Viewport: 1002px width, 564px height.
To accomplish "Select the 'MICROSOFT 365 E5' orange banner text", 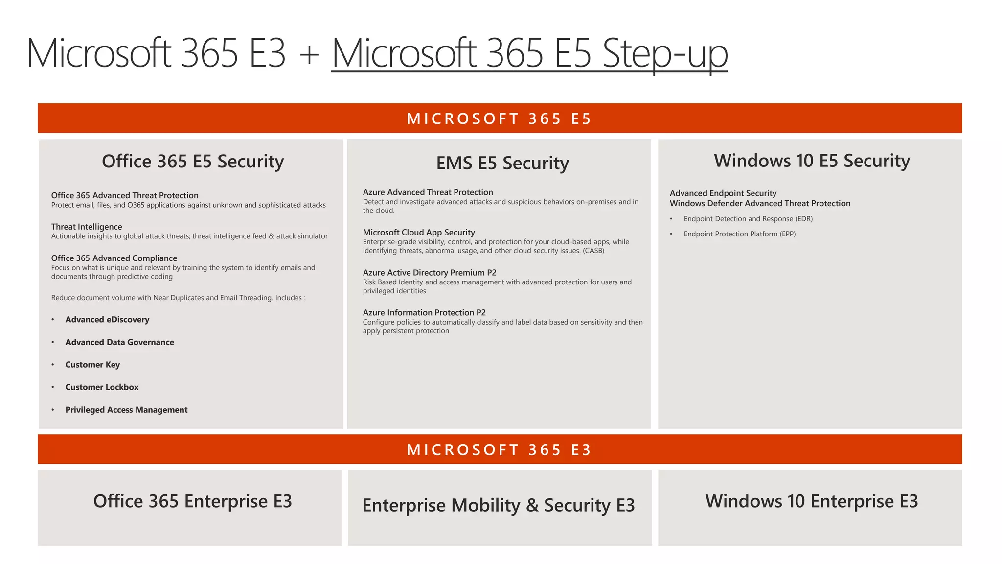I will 499,118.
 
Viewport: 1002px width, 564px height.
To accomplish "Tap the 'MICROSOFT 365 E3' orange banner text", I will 499,449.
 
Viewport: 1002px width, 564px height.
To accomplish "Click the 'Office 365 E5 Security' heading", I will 193,161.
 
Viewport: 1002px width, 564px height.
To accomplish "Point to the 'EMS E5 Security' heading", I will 502,163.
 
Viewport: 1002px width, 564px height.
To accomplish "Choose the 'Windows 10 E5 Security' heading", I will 812,161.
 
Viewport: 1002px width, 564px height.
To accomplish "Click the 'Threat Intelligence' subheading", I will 87,227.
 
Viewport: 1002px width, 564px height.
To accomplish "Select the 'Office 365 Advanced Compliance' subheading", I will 114,258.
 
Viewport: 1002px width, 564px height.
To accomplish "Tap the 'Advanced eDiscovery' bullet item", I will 107,319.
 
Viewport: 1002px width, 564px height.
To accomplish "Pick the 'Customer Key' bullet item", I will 92,364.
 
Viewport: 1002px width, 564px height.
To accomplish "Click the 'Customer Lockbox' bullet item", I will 102,387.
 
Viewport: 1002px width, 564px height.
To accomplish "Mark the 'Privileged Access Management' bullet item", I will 126,410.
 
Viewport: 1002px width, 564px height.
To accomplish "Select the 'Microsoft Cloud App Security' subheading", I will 419,232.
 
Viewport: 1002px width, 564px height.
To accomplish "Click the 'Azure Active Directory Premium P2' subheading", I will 430,272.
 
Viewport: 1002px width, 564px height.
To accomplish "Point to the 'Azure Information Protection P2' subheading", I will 424,312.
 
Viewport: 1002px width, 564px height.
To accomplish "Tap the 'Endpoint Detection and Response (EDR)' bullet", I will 748,219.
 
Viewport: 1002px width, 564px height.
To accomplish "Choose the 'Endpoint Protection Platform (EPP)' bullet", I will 739,234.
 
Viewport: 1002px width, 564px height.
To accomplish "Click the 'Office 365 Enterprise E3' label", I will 192,501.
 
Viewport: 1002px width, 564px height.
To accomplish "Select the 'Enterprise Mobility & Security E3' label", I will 499,505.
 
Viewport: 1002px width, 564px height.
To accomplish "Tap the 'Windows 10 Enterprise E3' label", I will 812,501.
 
